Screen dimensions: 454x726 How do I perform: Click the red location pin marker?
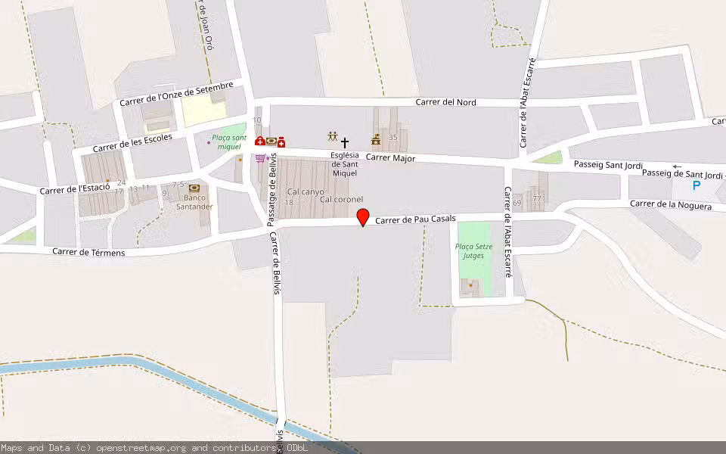click(363, 217)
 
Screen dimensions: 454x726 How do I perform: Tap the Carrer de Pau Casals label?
click(416, 219)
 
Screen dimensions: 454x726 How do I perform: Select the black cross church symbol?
click(345, 142)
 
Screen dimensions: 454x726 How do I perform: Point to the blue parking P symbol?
click(697, 185)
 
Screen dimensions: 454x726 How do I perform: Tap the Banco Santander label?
click(194, 202)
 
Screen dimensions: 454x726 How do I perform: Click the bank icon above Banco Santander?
click(194, 188)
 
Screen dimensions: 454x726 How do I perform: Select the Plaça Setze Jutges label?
click(474, 250)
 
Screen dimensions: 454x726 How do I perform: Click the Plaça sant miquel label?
click(228, 141)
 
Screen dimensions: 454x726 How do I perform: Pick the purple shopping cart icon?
click(260, 158)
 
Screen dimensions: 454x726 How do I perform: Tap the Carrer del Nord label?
click(446, 102)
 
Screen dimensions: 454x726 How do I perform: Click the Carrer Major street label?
click(390, 158)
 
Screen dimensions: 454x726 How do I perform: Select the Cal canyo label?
click(306, 191)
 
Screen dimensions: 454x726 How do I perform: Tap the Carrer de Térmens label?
click(88, 252)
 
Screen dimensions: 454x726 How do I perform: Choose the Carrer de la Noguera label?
click(670, 205)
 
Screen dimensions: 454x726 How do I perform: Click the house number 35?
click(392, 138)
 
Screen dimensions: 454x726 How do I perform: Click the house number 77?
click(537, 198)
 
